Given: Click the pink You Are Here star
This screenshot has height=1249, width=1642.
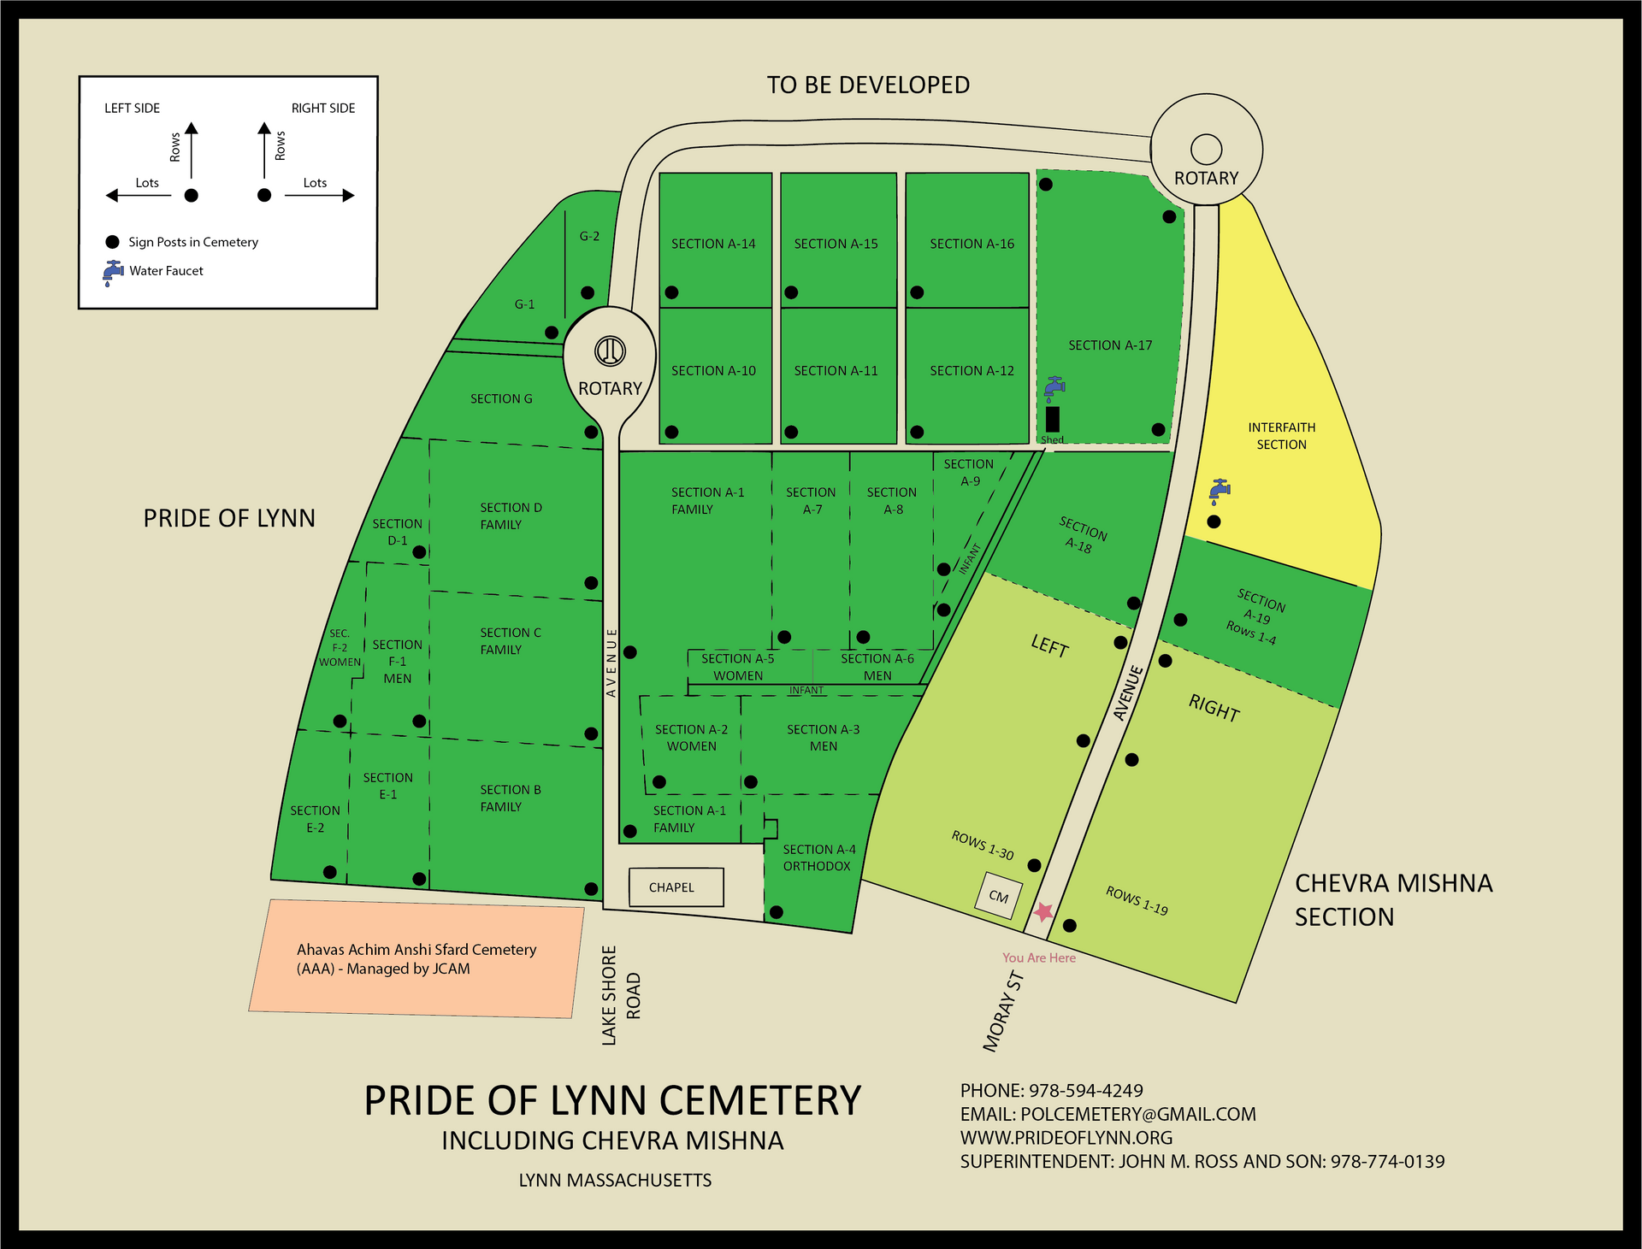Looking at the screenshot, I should pyautogui.click(x=1043, y=911).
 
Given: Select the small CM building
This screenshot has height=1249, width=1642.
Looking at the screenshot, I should pyautogui.click(x=999, y=896).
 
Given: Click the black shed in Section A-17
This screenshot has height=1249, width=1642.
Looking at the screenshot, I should pyautogui.click(x=1053, y=419).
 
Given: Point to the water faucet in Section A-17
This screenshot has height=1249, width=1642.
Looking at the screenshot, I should pyautogui.click(x=1054, y=388).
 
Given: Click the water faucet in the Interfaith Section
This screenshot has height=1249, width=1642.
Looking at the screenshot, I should pyautogui.click(x=1219, y=490).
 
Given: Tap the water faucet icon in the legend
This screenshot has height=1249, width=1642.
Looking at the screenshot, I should pyautogui.click(x=113, y=272).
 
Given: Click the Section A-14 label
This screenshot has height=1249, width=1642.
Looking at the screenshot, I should pyautogui.click(x=713, y=244).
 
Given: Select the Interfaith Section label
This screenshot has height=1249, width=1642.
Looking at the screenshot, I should pyautogui.click(x=1281, y=436).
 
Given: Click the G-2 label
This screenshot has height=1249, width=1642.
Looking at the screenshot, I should pyautogui.click(x=589, y=236).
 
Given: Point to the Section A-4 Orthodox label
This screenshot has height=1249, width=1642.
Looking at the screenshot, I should pyautogui.click(x=818, y=857).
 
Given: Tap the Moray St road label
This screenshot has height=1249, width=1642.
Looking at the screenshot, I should pyautogui.click(x=1003, y=1011).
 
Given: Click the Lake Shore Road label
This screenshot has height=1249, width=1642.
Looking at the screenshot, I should pyautogui.click(x=621, y=995).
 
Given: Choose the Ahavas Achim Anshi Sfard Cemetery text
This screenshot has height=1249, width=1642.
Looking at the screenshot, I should pyautogui.click(x=416, y=958).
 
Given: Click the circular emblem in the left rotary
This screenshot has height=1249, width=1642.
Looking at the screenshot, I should pyautogui.click(x=611, y=351).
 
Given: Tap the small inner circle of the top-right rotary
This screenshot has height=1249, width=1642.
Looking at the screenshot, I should pyautogui.click(x=1206, y=149).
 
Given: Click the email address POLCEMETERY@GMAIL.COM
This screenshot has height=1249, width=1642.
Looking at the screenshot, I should pyautogui.click(x=1138, y=1114).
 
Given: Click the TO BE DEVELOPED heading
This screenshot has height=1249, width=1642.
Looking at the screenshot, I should pyautogui.click(x=868, y=85).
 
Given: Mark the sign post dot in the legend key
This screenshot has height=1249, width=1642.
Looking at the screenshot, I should pyautogui.click(x=112, y=242).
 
